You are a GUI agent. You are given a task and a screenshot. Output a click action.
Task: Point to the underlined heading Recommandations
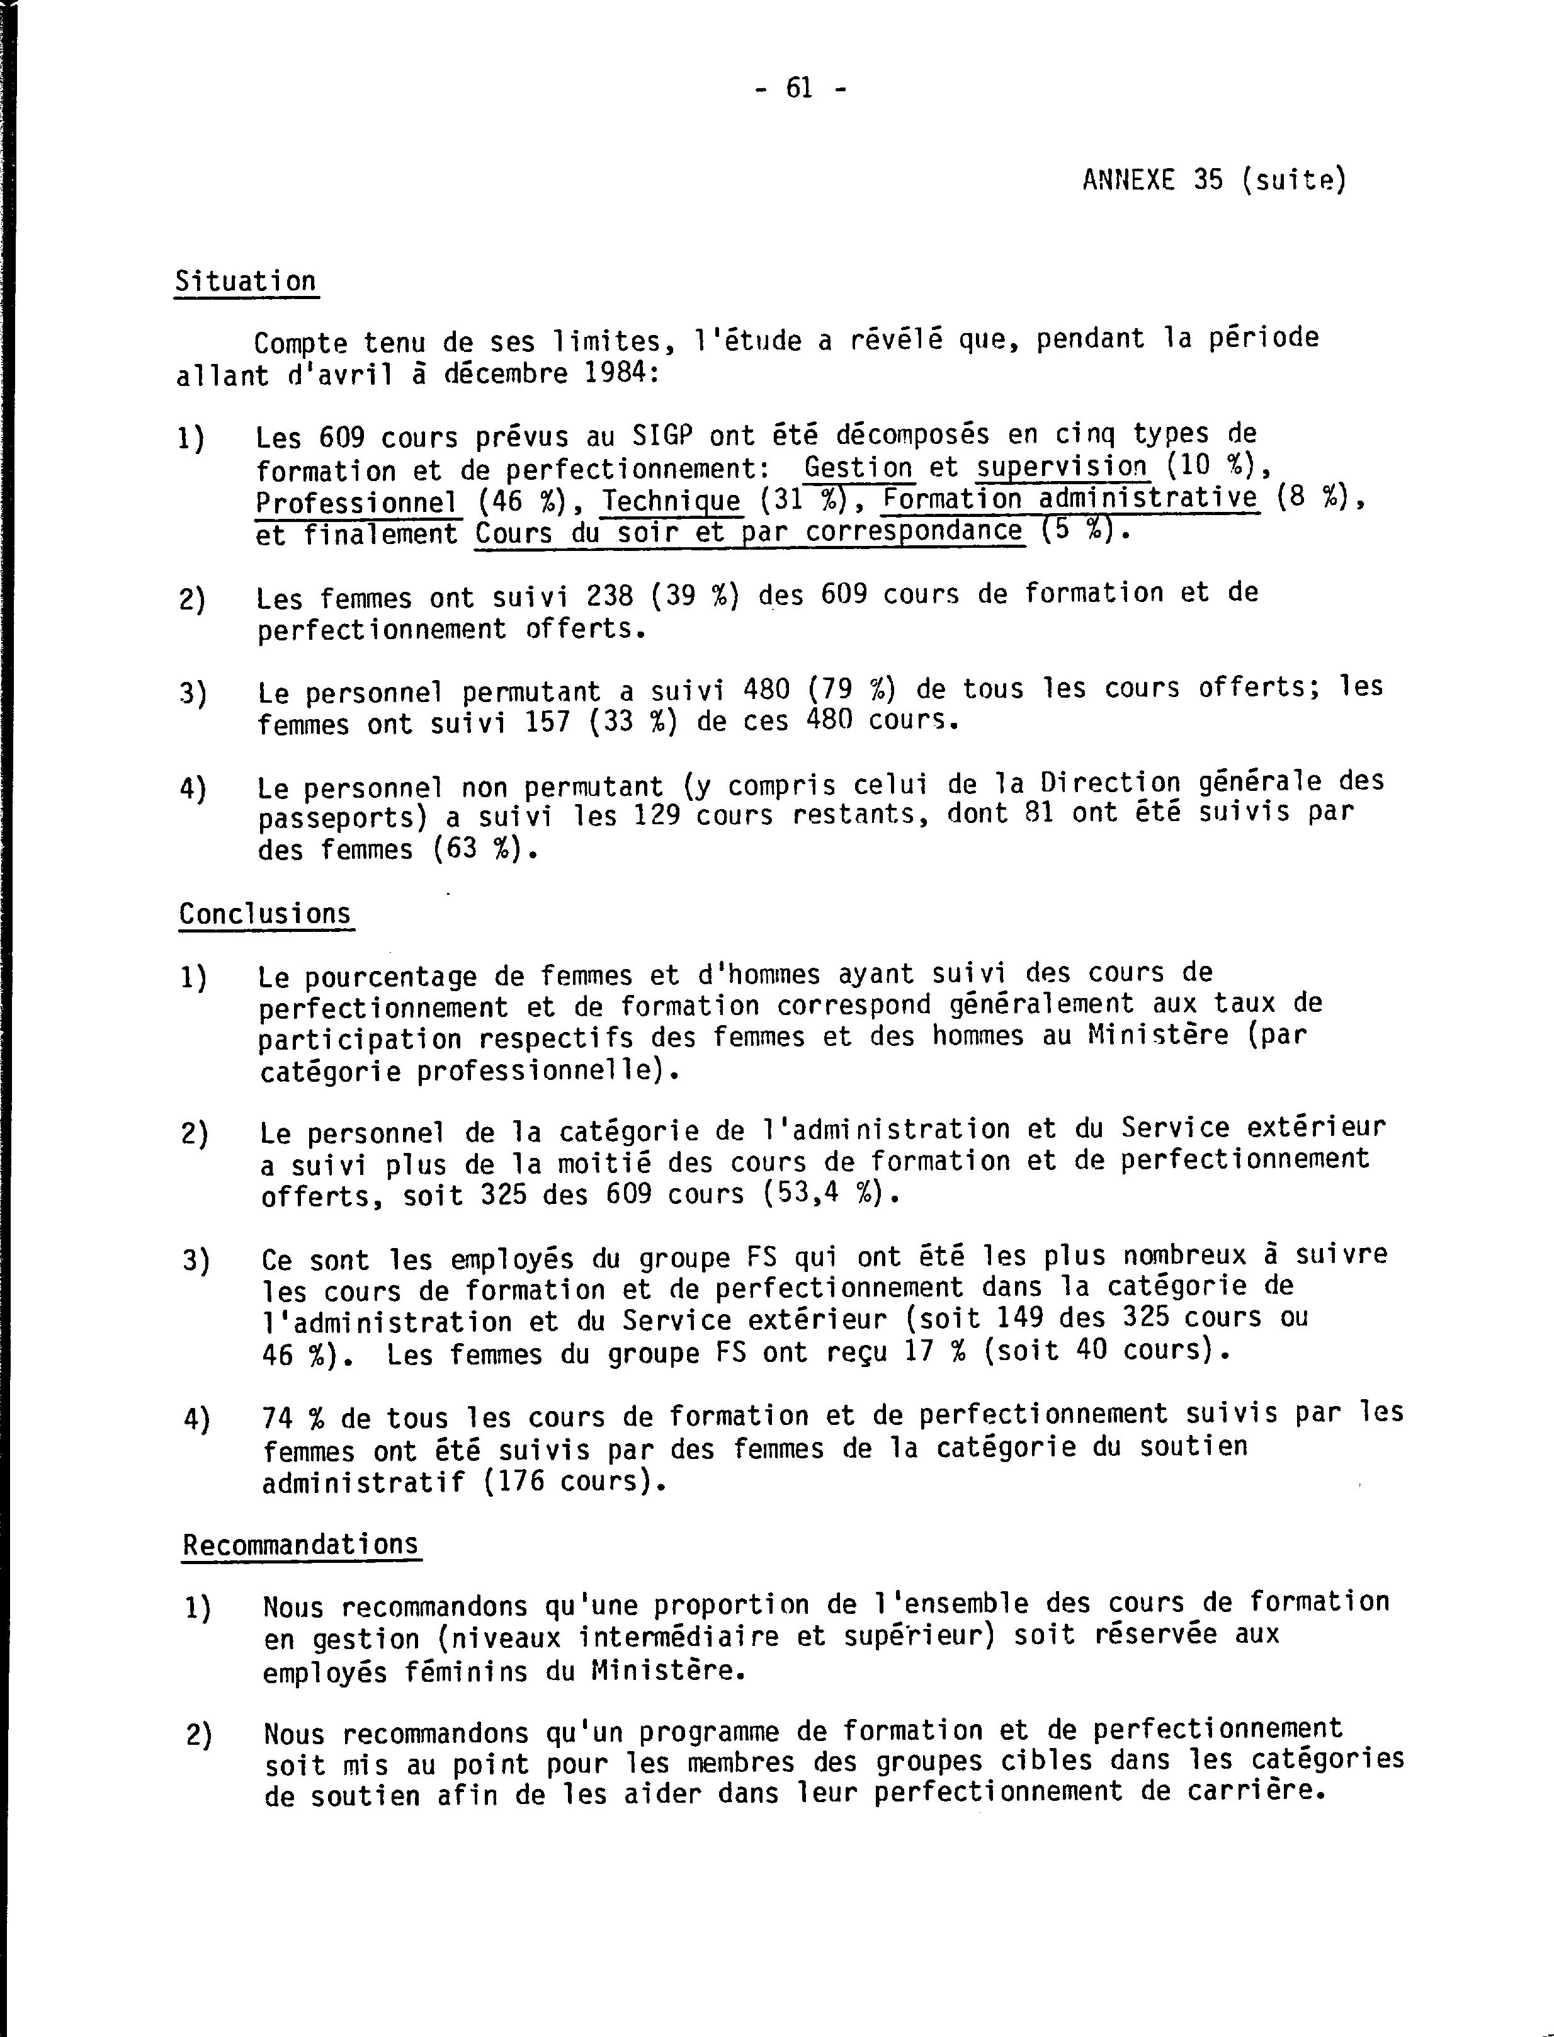tap(300, 1545)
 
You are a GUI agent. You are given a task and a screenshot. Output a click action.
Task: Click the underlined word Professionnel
tap(357, 502)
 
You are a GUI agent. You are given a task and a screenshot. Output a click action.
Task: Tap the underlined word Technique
tap(672, 501)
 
